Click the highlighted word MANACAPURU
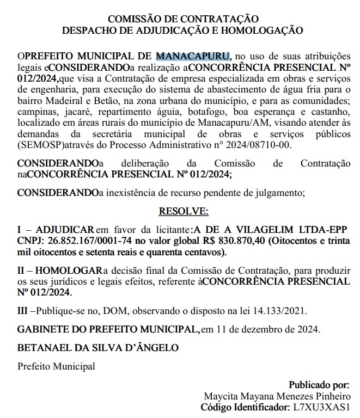click(x=193, y=56)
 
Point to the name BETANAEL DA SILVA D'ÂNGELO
click(x=98, y=347)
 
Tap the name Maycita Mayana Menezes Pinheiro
click(x=277, y=396)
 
